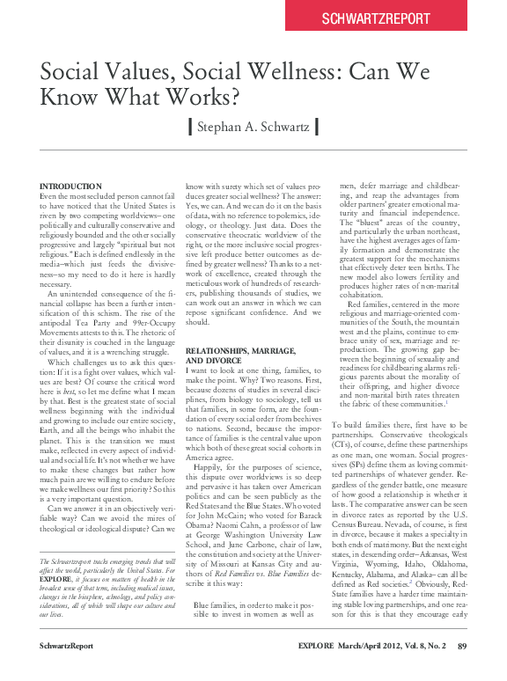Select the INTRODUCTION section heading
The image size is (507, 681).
click(x=71, y=187)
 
